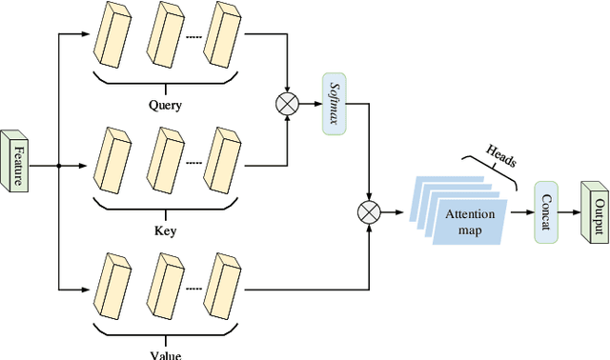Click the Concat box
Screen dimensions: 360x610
point(545,212)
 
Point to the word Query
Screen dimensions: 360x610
point(165,106)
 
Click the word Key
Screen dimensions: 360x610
point(165,230)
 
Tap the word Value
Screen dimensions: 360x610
point(165,353)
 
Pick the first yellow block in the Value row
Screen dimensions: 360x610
point(109,287)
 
